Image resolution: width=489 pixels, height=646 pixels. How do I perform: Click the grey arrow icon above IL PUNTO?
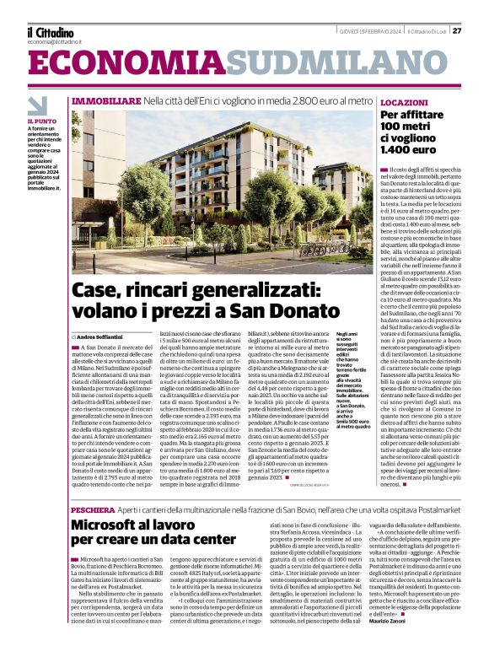point(37,105)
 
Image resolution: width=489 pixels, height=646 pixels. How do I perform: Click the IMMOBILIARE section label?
point(106,101)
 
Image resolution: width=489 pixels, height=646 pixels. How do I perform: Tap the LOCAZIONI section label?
point(404,102)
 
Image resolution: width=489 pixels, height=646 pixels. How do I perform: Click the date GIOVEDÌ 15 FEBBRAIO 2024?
point(368,30)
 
